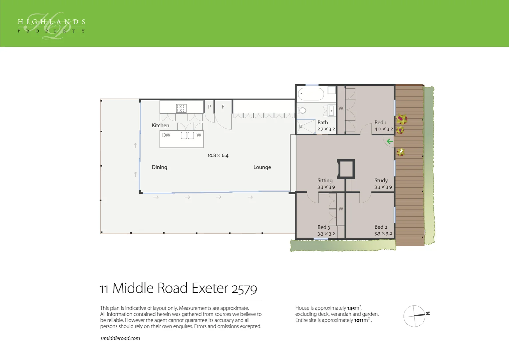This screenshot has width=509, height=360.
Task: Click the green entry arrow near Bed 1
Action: point(390,141)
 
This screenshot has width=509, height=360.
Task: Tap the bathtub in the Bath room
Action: point(311,94)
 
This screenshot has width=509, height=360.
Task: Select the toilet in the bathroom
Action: point(302,110)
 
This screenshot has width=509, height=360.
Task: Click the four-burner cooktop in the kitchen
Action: point(181,108)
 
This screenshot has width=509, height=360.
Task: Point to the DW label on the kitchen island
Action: point(166,135)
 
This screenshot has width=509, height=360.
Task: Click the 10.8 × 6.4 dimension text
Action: point(218,156)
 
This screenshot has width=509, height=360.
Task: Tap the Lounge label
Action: point(262,167)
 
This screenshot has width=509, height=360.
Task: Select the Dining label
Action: point(159,167)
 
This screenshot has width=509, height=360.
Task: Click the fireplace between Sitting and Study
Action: point(346,169)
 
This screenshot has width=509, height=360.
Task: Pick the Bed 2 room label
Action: point(380,227)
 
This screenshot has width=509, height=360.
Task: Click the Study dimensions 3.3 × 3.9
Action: point(383,187)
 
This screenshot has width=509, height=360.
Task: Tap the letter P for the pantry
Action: point(209,107)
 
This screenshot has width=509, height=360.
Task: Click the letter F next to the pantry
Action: point(223,107)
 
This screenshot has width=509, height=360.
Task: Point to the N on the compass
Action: point(428,313)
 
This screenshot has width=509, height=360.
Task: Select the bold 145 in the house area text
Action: point(351,308)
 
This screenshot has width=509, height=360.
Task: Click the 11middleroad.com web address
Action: point(120,338)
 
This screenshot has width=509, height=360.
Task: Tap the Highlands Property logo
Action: point(51,26)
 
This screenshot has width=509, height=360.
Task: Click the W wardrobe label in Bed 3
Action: point(340,209)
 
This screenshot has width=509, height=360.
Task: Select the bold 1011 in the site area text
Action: point(358,320)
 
